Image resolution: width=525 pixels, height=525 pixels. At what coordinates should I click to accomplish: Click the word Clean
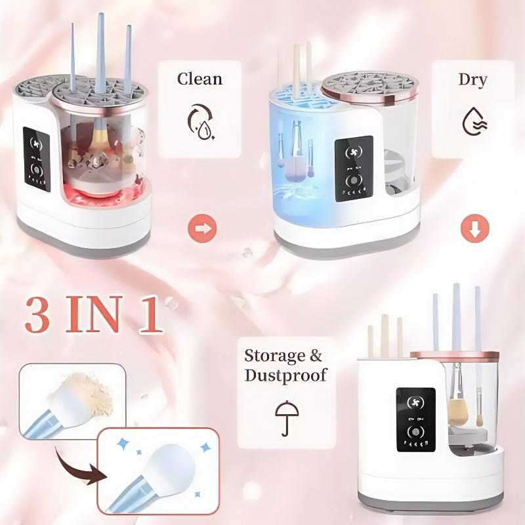click(199, 79)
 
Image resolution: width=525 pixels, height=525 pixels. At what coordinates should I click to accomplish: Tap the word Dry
click(472, 80)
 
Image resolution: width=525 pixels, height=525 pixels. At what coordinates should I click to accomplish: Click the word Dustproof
click(285, 376)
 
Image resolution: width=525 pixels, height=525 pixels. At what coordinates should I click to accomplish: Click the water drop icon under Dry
click(472, 121)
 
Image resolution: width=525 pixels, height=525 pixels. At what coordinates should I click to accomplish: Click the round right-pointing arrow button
click(201, 230)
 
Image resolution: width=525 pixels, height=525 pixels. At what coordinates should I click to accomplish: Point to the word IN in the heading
click(98, 316)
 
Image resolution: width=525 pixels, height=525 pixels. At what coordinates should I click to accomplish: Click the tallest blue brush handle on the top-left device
click(101, 52)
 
